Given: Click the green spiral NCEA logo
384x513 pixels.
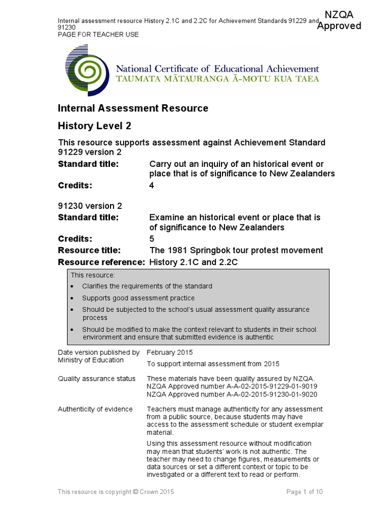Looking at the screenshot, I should pos(86,73).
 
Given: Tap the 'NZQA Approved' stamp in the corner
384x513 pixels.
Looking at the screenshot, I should pos(339,21).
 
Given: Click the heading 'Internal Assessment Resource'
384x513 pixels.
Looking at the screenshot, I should pos(133,108).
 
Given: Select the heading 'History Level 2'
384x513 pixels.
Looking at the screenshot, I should pos(94,126).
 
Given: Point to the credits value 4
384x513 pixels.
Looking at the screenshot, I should pos(152,185).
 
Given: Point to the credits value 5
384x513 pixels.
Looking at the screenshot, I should pos(152,238).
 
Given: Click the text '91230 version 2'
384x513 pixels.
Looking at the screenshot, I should pos(90,206).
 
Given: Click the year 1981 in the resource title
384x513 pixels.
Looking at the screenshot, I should pos(175,250).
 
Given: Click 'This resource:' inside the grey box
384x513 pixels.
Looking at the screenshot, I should pos(92,275).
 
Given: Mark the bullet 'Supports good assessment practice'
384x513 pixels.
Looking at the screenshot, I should pos(138,298).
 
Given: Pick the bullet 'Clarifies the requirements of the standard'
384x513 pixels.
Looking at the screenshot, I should pos(147,286).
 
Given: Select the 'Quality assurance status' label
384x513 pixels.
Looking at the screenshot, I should pos(96,379).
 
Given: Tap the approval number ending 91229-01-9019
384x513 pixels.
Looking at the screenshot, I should pos(231,387).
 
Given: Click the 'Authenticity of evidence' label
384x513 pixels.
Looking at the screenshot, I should pos(95,409).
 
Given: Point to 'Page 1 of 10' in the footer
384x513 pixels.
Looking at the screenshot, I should pos(304,492).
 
